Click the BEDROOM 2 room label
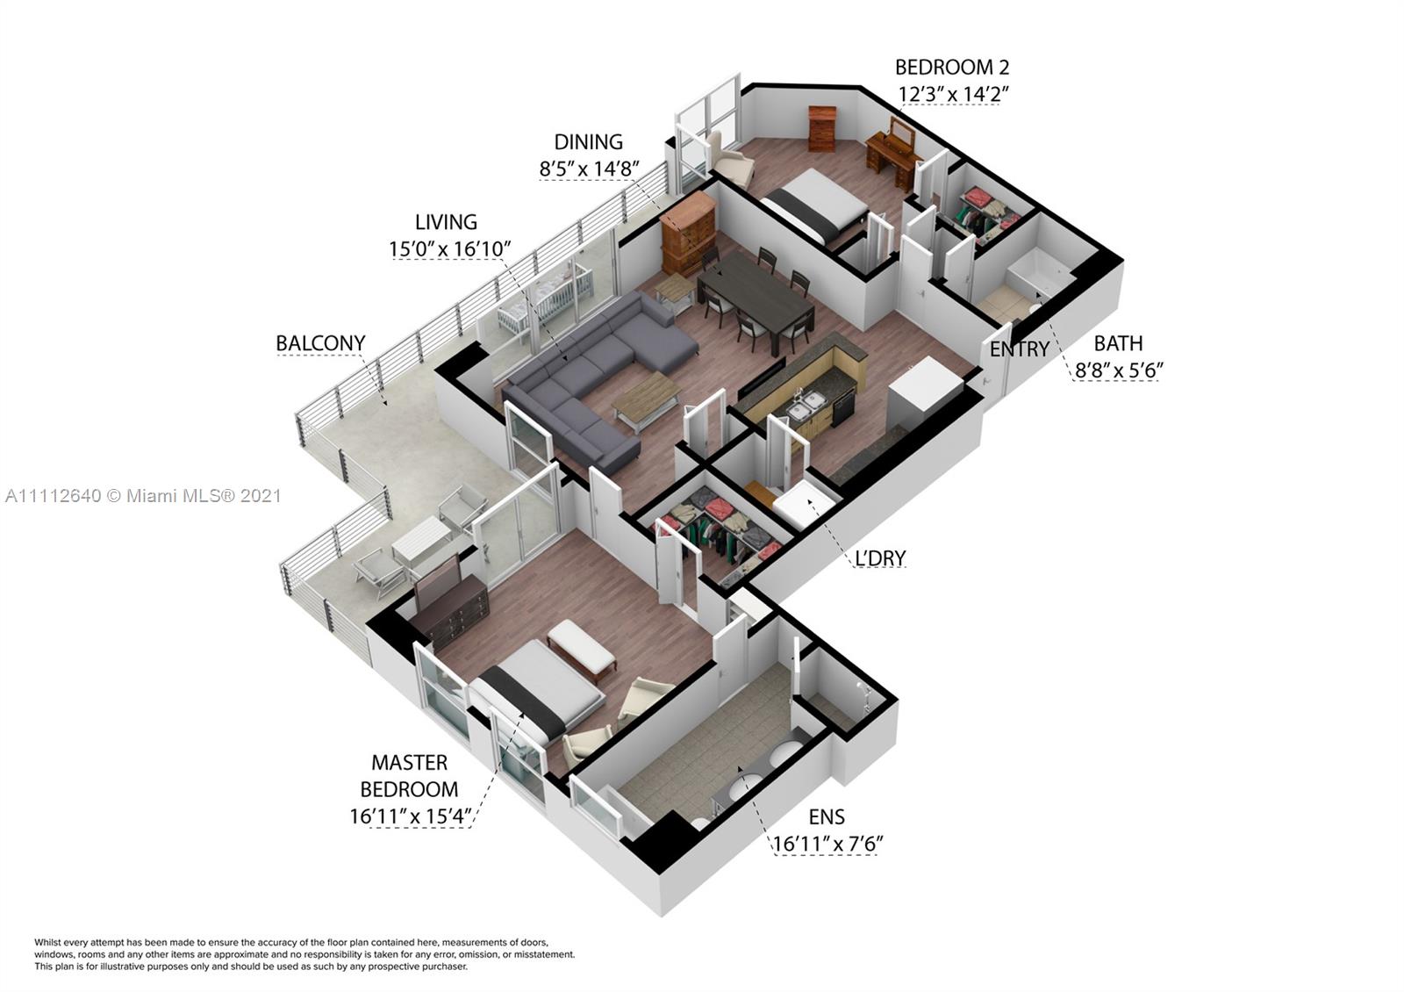[x=952, y=67]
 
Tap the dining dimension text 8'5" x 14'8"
[x=589, y=169]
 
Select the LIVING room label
[x=447, y=222]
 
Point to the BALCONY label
[x=320, y=343]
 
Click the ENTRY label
[x=1019, y=349]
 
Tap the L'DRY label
[x=880, y=557]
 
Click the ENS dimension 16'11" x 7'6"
[x=827, y=844]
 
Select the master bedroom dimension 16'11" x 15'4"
[x=410, y=816]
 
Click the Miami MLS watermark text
[x=143, y=496]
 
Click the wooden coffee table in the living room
[x=647, y=400]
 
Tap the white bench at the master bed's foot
[x=581, y=650]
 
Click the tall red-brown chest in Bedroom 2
[x=822, y=128]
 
